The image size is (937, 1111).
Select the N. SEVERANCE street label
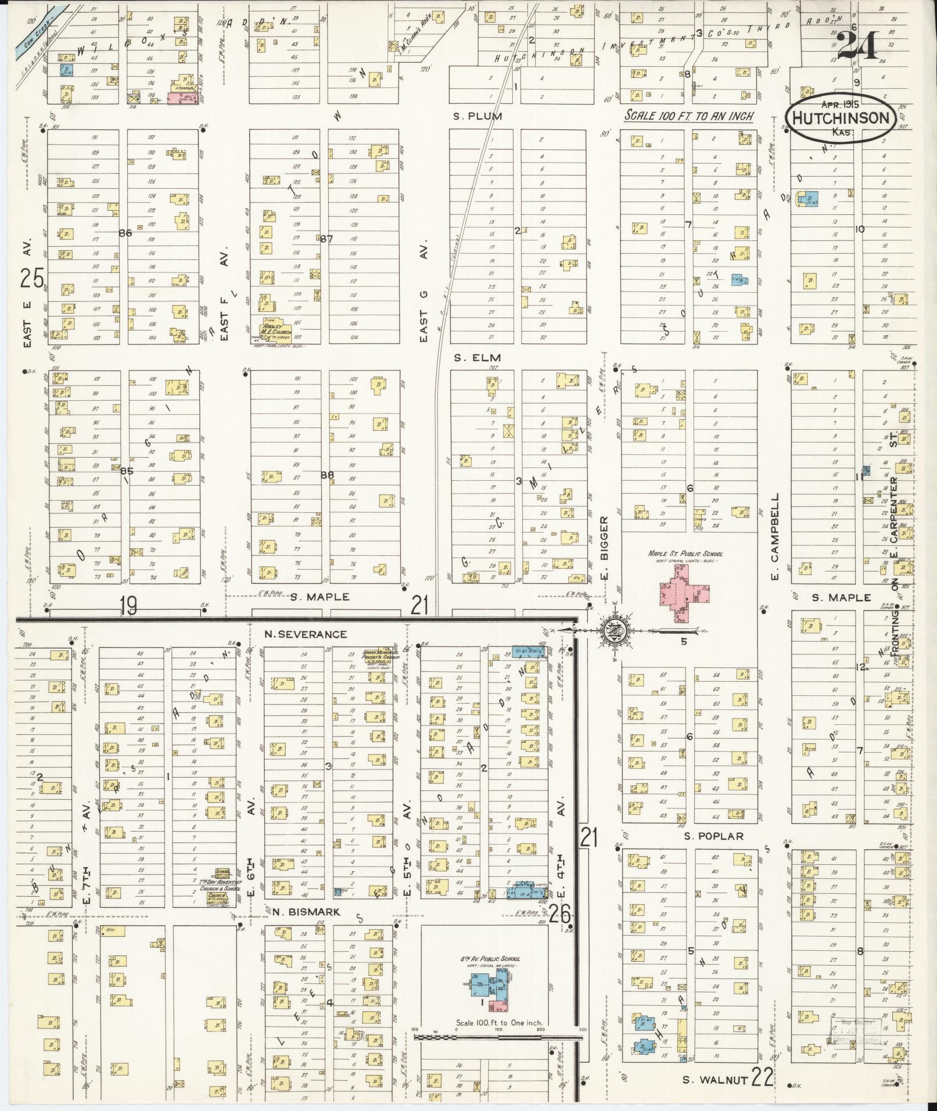pos(305,634)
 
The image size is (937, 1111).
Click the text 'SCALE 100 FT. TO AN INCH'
pos(688,116)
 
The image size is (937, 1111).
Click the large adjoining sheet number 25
pos(32,279)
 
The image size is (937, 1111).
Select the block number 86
pos(124,233)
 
